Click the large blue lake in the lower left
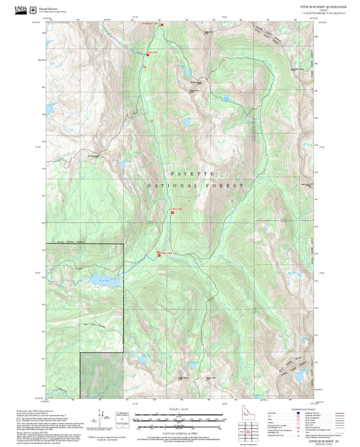(x=103, y=282)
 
